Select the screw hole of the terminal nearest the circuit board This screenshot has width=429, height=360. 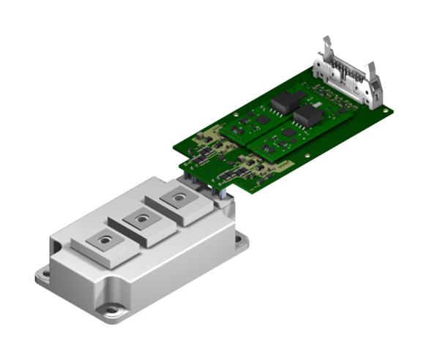(x=176, y=197)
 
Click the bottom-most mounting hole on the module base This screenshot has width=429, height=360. (x=111, y=310)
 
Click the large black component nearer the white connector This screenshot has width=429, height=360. (x=305, y=116)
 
